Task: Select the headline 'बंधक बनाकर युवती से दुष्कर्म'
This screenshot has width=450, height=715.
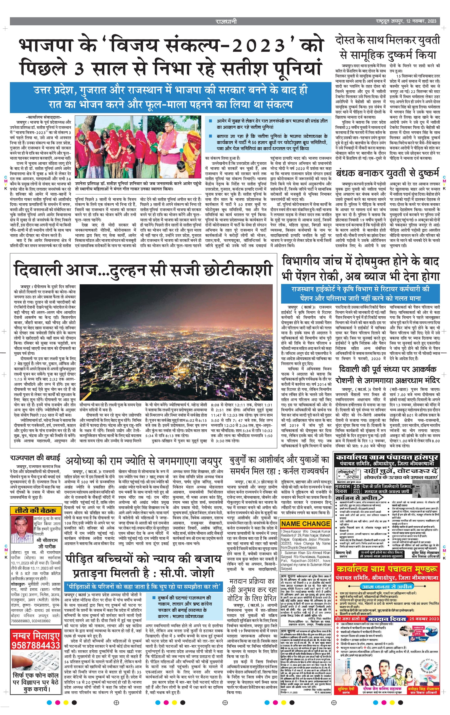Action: tap(387, 173)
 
